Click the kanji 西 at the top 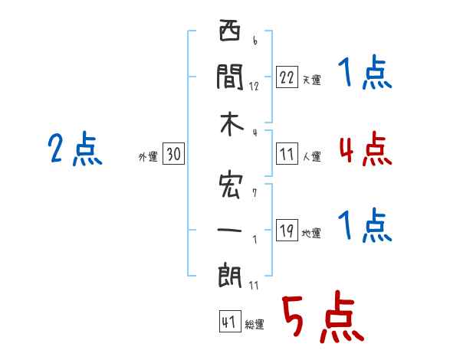[230, 30]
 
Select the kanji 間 [230, 77]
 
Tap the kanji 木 [232, 124]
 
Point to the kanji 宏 [231, 186]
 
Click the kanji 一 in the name [229, 230]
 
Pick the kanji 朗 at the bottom [230, 276]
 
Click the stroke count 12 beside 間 [254, 87]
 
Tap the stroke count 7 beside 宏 [255, 193]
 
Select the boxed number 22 [287, 77]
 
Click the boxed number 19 [287, 230]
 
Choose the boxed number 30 [173, 154]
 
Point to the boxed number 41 [230, 321]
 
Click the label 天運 [312, 80]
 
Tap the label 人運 [312, 156]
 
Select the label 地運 [311, 234]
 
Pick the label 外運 [148, 156]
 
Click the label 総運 [255, 325]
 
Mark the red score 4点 [366, 149]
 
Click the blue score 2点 [75, 149]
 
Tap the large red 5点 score [323, 316]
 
